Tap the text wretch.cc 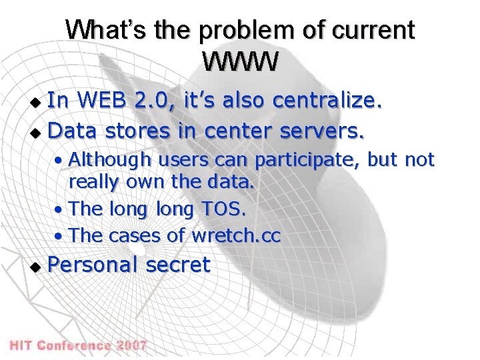click(236, 235)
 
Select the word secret click(177, 265)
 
